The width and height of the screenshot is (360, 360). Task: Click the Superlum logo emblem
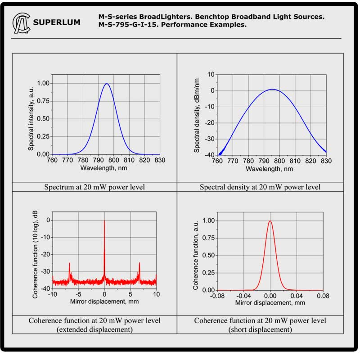pos(22,22)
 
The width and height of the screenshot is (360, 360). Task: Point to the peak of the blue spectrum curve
pos(107,84)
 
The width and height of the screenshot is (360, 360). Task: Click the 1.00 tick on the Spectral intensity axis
pos(43,83)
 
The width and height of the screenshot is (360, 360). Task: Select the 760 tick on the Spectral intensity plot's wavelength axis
pos(53,160)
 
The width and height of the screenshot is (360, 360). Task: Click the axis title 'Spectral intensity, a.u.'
pos(31,118)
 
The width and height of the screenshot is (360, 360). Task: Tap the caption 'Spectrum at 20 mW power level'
pos(94,187)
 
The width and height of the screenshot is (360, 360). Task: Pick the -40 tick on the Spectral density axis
pos(210,155)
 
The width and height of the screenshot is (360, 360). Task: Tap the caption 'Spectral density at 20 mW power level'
pos(260,187)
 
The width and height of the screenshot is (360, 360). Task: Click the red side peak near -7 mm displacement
pos(69,264)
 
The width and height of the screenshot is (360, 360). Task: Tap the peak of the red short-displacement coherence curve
pos(270,221)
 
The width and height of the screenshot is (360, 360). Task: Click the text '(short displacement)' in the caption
pos(260,329)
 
